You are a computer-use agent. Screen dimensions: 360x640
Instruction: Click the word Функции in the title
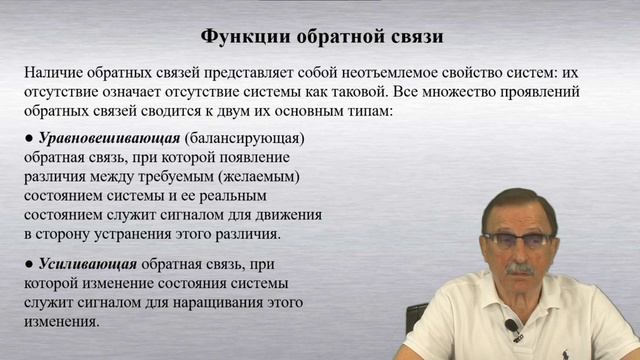coord(242,37)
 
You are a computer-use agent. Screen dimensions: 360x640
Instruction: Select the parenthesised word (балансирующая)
coord(244,137)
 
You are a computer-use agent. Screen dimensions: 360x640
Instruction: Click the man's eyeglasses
coord(517,240)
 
